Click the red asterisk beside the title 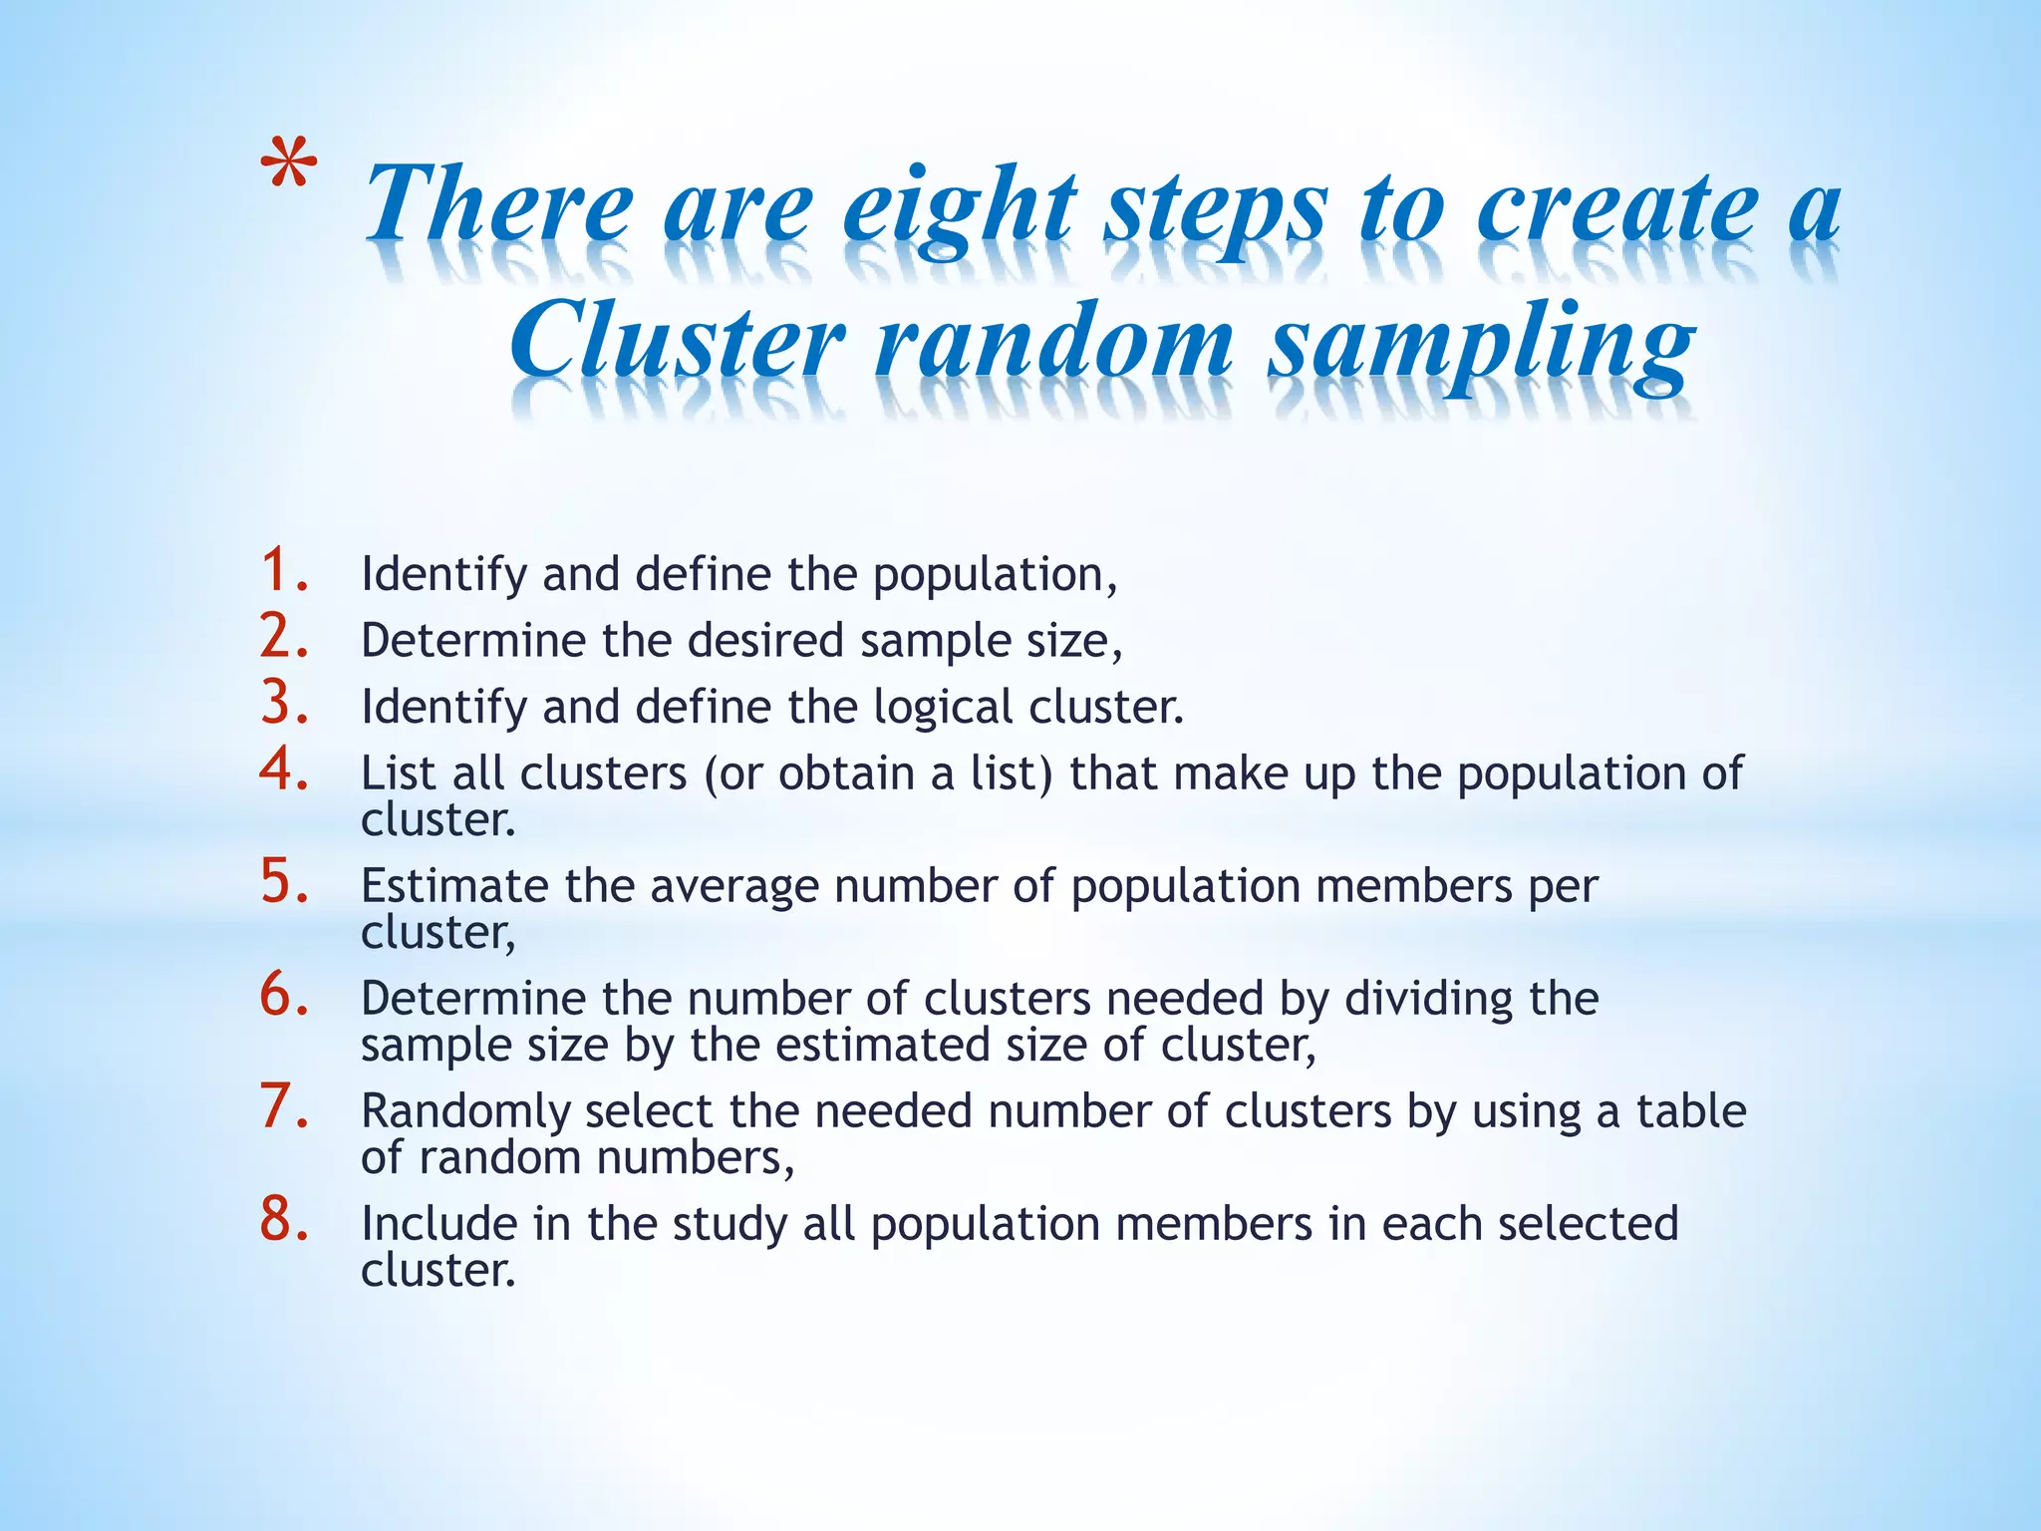point(290,164)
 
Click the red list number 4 point(284,769)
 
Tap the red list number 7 point(284,1107)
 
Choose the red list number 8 point(284,1220)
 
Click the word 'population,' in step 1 point(995,576)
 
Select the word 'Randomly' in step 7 point(464,1112)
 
